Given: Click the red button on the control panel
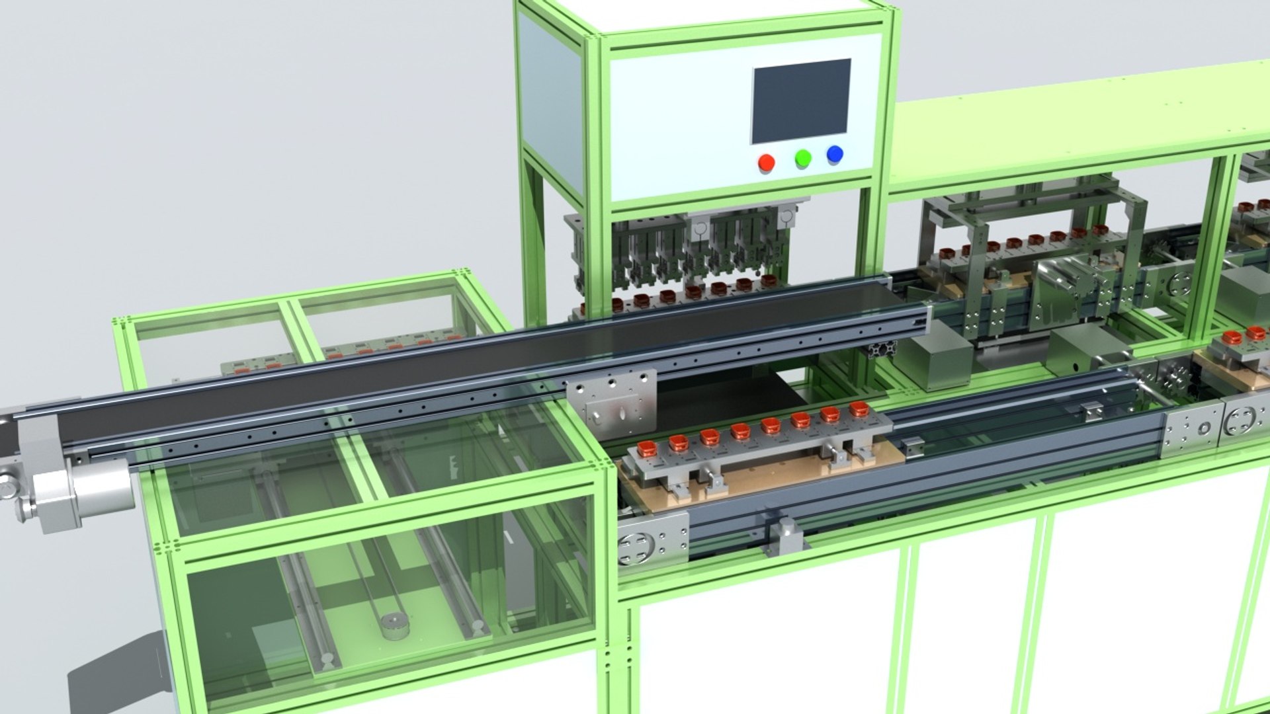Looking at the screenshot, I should coord(766,163).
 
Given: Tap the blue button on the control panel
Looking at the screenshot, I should coord(835,155).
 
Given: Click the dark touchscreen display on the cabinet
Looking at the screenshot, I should coord(800,100).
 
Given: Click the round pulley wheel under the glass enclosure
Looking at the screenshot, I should coord(395,623).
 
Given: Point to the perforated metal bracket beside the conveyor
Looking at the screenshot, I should coord(612,403).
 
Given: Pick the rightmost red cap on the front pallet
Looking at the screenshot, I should coord(858,409).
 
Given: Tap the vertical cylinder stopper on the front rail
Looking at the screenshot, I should coord(785,533).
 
